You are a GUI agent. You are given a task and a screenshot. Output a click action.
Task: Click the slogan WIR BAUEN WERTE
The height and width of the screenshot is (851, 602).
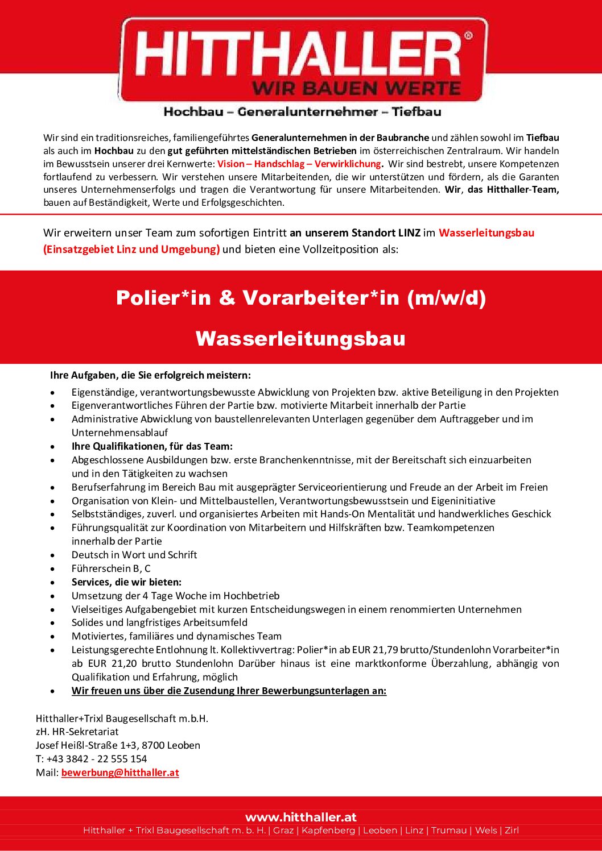click(x=356, y=89)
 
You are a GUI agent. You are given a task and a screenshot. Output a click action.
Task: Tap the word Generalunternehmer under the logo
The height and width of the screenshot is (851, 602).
click(x=308, y=112)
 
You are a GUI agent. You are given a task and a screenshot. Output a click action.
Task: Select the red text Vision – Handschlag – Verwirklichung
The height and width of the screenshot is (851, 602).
click(x=299, y=164)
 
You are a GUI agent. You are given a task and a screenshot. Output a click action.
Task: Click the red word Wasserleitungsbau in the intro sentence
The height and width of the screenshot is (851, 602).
click(x=486, y=233)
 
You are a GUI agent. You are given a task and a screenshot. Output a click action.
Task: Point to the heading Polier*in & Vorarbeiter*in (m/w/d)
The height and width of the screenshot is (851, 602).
click(x=301, y=297)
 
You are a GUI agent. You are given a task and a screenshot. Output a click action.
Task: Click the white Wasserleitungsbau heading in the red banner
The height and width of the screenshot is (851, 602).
click(x=300, y=338)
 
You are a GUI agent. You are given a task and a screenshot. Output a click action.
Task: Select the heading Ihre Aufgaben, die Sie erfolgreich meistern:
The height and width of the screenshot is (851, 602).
click(x=150, y=375)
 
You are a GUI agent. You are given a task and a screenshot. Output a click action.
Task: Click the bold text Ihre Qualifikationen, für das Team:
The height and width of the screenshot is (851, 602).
click(x=152, y=446)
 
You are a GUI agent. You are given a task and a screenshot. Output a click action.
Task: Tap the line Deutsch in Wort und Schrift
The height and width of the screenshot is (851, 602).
click(x=134, y=555)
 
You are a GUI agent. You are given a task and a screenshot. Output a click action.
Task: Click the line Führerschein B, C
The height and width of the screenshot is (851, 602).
click(x=111, y=568)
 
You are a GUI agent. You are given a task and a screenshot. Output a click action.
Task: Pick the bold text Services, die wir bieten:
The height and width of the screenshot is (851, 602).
click(x=126, y=582)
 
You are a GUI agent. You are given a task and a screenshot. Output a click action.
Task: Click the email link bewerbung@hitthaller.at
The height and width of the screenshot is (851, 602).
click(x=120, y=773)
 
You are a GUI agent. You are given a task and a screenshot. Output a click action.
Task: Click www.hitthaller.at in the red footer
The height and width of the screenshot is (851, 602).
click(x=301, y=817)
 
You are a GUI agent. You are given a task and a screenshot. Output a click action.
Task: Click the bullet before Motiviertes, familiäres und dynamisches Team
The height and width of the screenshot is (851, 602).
click(x=53, y=637)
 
